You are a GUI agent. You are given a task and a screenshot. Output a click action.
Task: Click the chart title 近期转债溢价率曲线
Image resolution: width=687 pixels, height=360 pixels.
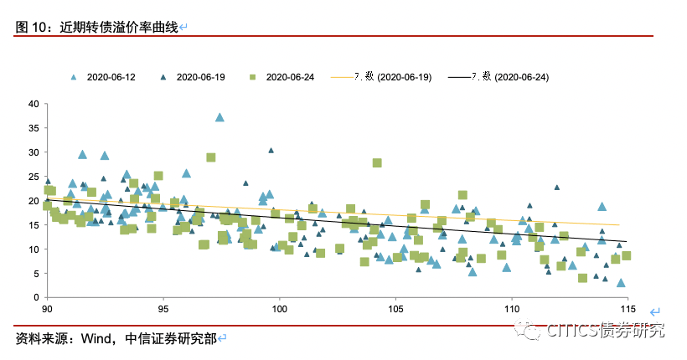coord(119,27)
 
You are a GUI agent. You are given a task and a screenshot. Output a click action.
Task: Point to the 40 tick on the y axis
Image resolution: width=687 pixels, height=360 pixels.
coord(34,104)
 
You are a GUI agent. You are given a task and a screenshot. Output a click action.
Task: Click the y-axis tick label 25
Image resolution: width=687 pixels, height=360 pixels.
coord(34,177)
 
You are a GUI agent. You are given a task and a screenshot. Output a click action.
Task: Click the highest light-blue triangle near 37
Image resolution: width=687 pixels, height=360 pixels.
coord(220,117)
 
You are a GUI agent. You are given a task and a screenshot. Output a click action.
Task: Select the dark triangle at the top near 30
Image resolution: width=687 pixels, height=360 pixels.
coord(271,151)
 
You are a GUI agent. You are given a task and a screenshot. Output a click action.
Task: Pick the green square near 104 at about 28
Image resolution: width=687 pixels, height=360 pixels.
coord(377,162)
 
